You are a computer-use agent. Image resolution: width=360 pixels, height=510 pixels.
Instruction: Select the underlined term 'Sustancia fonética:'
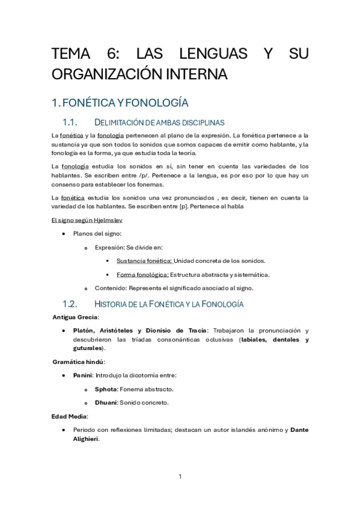tap(144, 260)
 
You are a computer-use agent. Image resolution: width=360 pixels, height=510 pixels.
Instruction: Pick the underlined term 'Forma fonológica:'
tap(142, 274)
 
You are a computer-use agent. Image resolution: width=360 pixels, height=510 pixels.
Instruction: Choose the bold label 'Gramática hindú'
tap(78, 361)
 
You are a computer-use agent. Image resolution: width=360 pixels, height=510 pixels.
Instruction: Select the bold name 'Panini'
tap(83, 375)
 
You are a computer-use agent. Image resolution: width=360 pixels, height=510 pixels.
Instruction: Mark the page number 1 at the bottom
tap(180, 477)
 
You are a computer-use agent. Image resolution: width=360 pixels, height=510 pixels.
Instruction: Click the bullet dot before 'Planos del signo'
tap(64, 233)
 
